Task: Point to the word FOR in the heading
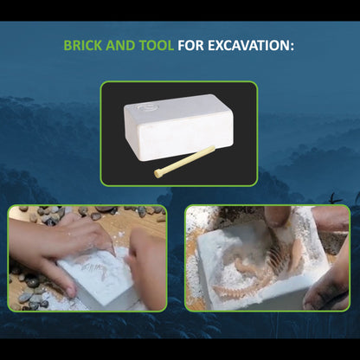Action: (190, 46)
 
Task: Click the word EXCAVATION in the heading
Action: (248, 46)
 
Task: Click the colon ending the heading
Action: (292, 47)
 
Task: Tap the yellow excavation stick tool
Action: (184, 162)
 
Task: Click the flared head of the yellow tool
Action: (157, 174)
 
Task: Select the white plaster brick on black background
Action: (179, 127)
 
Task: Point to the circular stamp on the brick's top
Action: (148, 107)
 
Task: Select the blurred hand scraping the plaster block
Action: (145, 262)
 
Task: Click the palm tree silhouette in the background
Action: (335, 198)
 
